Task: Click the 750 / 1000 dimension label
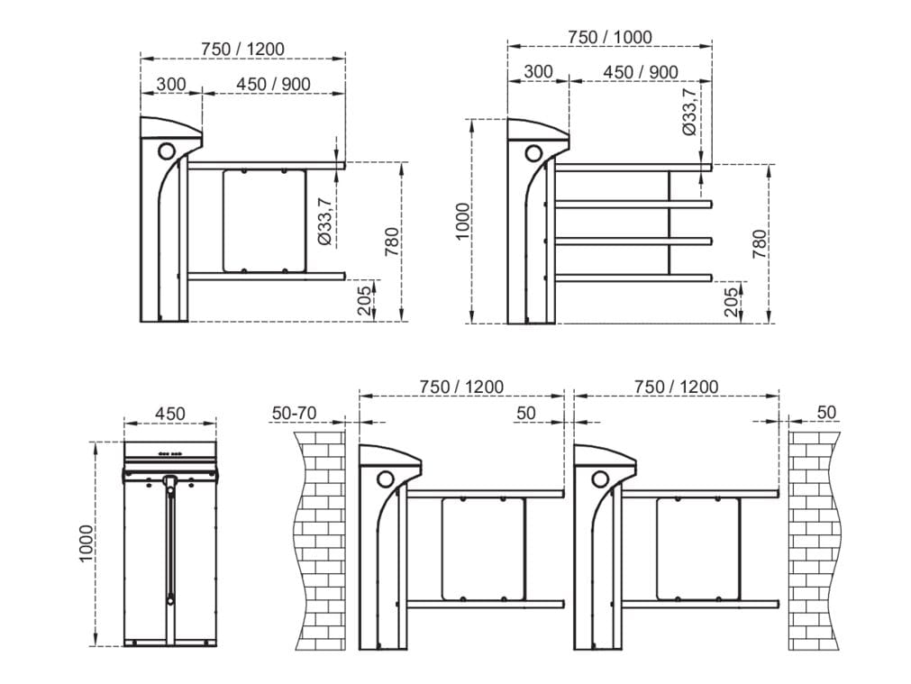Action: pyautogui.click(x=609, y=37)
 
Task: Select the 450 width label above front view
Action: pyautogui.click(x=169, y=414)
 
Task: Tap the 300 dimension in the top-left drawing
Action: pyautogui.click(x=170, y=84)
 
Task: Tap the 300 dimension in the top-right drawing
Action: pyautogui.click(x=538, y=72)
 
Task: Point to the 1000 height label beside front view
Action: pyautogui.click(x=86, y=543)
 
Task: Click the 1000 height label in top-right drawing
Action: pyautogui.click(x=462, y=221)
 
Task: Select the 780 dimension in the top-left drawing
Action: pyautogui.click(x=392, y=242)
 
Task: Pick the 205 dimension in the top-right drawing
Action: pyautogui.click(x=732, y=301)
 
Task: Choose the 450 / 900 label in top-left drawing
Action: pyautogui.click(x=273, y=84)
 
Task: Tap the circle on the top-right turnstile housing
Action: pyautogui.click(x=533, y=150)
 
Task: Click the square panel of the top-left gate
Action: pyautogui.click(x=265, y=220)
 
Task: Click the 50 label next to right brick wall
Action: pyautogui.click(x=826, y=413)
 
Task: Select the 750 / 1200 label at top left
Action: pyautogui.click(x=242, y=48)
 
